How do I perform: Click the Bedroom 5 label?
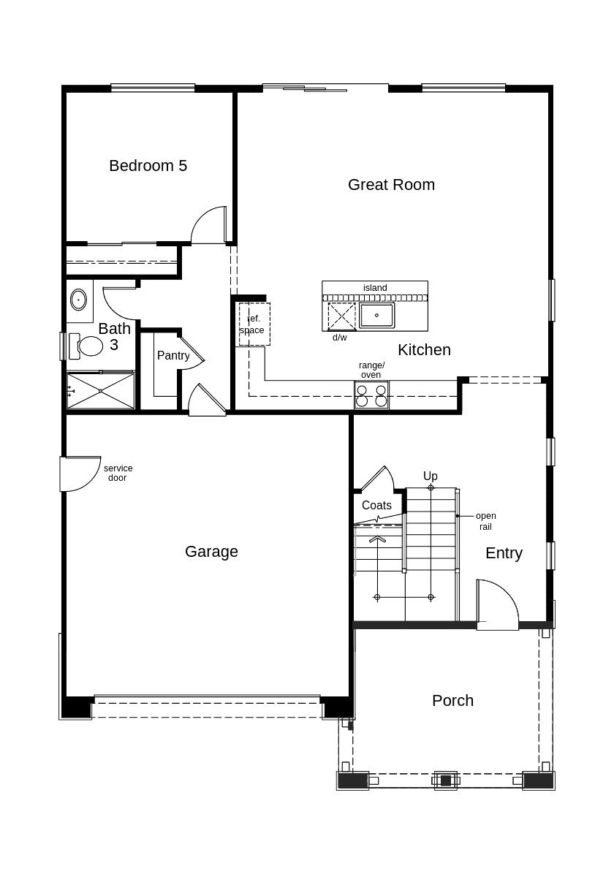click(148, 166)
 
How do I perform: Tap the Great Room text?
click(391, 185)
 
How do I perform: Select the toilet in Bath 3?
click(88, 346)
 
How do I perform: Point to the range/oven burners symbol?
click(371, 395)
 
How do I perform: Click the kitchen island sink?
click(376, 316)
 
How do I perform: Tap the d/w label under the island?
click(340, 338)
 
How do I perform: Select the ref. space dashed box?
click(254, 324)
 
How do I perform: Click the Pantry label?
click(173, 356)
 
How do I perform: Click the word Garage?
click(211, 552)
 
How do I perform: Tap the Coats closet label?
click(376, 506)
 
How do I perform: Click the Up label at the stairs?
click(431, 476)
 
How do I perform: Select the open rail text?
click(485, 521)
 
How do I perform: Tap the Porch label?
click(452, 701)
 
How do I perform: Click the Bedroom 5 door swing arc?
click(209, 225)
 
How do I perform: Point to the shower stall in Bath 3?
click(101, 391)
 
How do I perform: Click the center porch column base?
click(446, 780)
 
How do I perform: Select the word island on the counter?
click(375, 288)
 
